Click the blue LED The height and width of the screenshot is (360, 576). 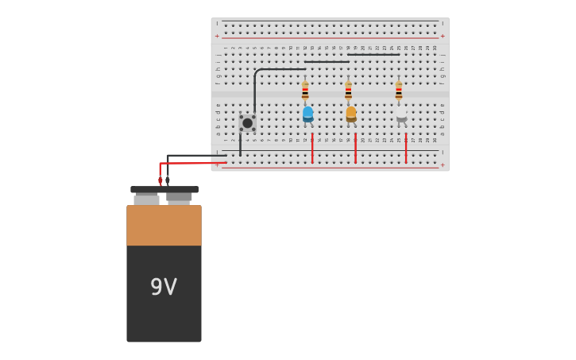(307, 114)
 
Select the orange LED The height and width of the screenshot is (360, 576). (350, 114)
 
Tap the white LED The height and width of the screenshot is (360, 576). (401, 114)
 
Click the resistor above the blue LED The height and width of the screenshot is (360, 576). (305, 91)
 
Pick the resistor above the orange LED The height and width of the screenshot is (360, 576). (348, 91)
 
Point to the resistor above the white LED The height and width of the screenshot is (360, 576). (399, 91)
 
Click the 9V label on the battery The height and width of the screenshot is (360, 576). (164, 287)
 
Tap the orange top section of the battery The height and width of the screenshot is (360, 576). (164, 225)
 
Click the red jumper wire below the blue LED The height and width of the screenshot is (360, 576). (312, 149)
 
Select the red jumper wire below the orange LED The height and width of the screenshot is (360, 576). (355, 149)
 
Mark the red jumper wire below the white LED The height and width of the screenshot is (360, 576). (406, 149)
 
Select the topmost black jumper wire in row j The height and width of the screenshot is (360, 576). (373, 55)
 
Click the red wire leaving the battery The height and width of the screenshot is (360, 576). (191, 163)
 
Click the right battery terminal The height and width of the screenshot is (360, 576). (179, 198)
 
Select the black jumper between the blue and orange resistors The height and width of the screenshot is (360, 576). (327, 62)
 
